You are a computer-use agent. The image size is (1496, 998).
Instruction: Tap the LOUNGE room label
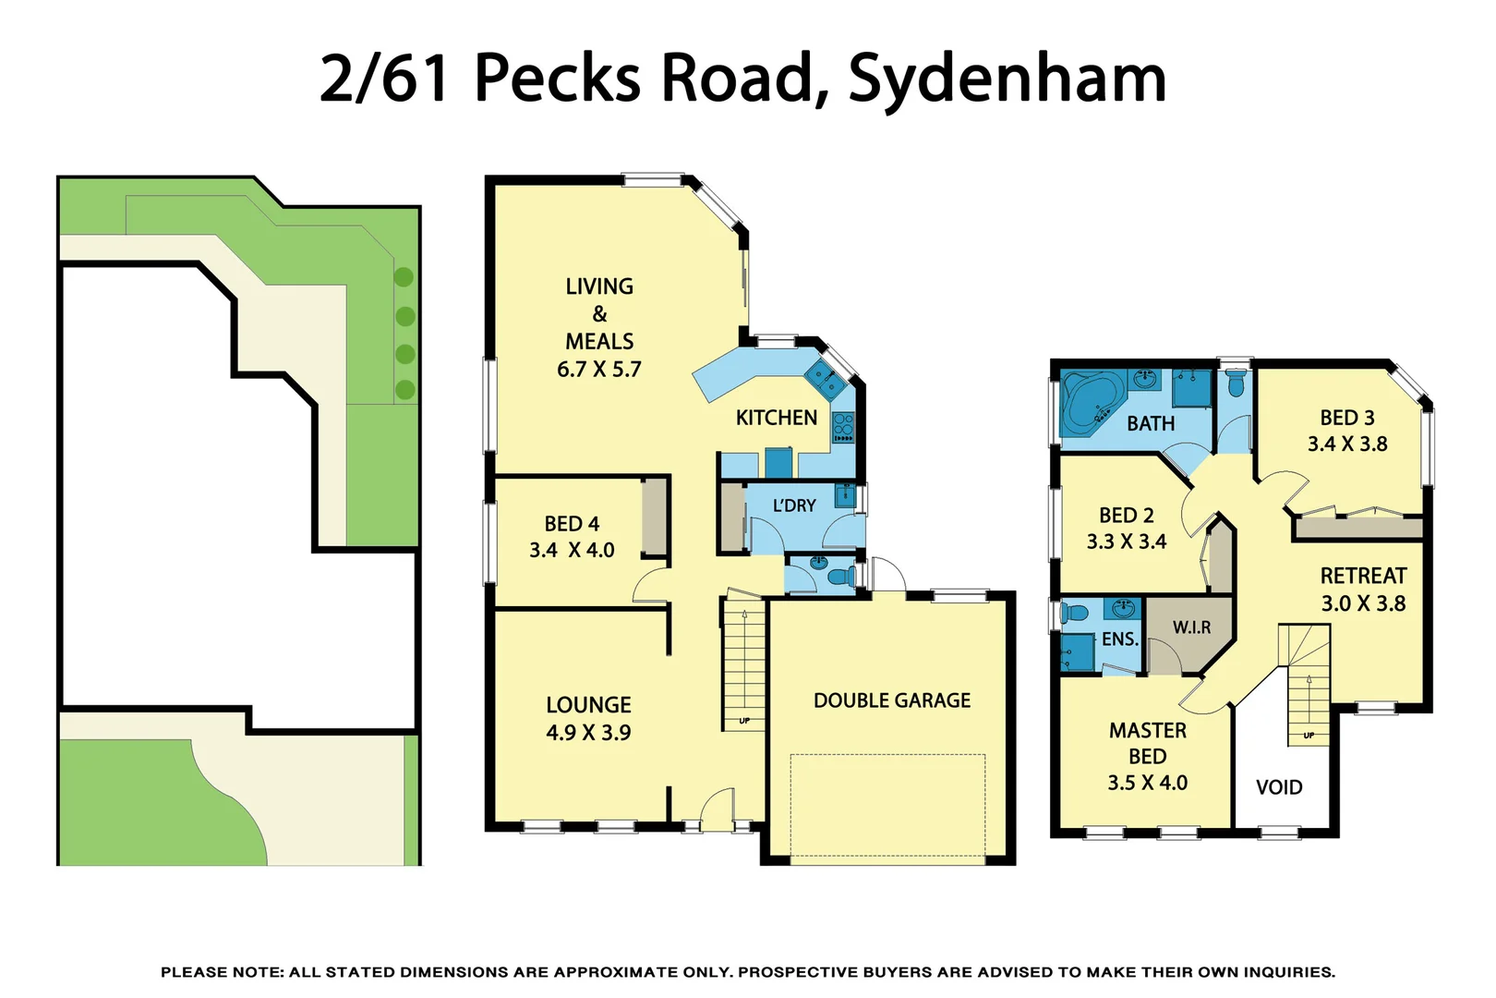click(x=588, y=705)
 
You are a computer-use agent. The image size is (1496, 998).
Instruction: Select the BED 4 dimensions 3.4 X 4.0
click(x=572, y=551)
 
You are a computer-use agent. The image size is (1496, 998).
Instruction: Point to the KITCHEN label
click(x=776, y=418)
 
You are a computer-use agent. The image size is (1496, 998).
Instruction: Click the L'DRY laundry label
click(x=794, y=505)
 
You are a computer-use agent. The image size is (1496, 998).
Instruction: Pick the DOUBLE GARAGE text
click(x=891, y=700)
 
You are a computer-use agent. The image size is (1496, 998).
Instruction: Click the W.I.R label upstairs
click(x=1191, y=627)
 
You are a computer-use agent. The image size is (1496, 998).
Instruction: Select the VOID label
click(x=1279, y=787)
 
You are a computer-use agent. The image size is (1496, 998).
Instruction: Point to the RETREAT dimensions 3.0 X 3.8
click(x=1363, y=604)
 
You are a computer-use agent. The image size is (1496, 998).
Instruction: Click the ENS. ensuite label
click(x=1119, y=639)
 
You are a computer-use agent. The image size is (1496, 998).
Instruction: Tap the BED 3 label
click(x=1346, y=418)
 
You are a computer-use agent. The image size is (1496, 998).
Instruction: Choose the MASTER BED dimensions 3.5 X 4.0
click(x=1147, y=783)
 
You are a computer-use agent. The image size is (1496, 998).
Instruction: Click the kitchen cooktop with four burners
click(x=843, y=427)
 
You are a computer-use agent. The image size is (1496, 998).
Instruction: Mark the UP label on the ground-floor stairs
click(x=744, y=721)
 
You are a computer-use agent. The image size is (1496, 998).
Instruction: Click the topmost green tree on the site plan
click(x=404, y=276)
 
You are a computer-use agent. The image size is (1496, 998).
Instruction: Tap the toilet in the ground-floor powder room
click(x=839, y=578)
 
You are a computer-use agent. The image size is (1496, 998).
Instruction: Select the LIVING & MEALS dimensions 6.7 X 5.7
click(x=598, y=370)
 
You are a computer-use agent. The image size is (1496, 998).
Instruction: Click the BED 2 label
click(x=1126, y=516)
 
